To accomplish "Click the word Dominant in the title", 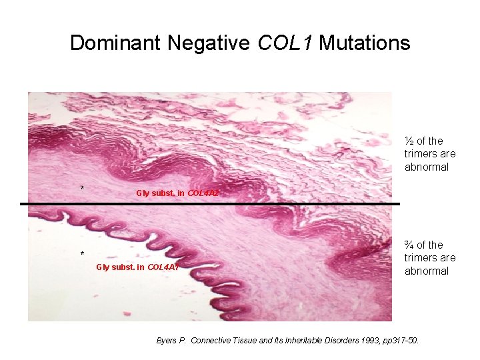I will (115, 43).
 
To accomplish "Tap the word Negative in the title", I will (211, 43).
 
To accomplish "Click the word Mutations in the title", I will (365, 43).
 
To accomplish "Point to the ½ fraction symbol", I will (409, 141).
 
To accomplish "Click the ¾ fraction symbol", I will (409, 245).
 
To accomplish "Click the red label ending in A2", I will (177, 193).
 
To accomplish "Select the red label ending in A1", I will (137, 267).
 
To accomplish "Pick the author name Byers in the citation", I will (167, 341).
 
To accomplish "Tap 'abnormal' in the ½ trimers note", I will (427, 167).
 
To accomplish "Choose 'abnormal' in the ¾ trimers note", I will (427, 271).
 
